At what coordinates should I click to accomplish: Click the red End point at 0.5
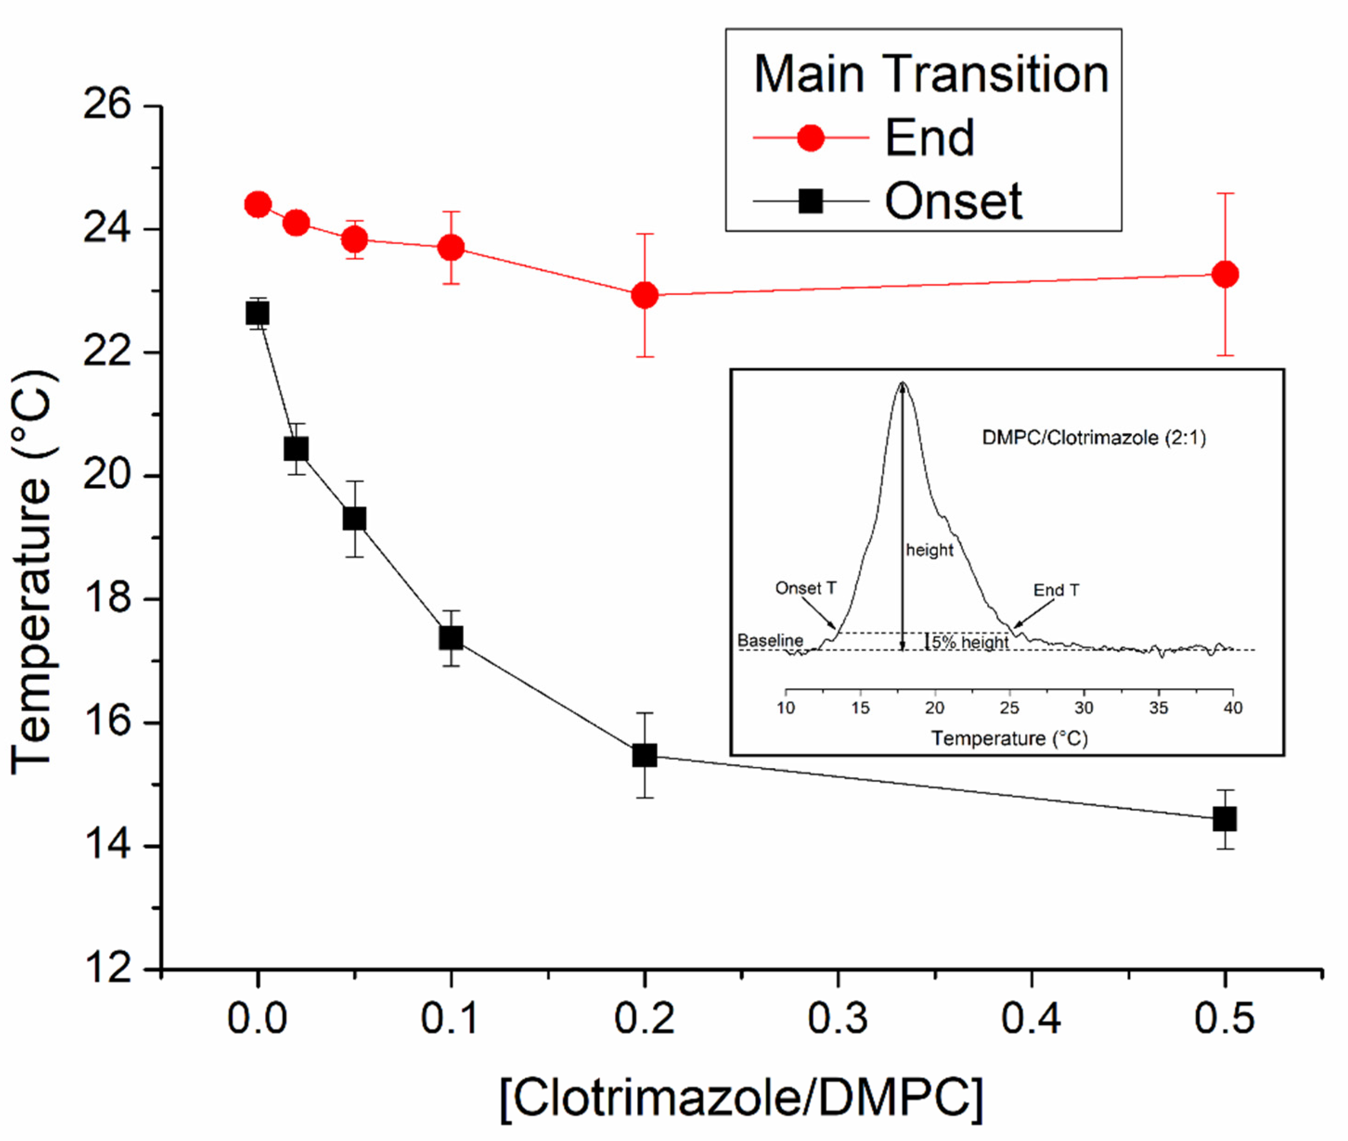(1225, 274)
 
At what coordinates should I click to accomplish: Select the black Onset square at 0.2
(645, 755)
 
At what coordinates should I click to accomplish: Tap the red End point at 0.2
(645, 295)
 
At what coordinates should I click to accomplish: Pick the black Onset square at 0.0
(258, 314)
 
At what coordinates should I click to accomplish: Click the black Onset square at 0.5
(1225, 819)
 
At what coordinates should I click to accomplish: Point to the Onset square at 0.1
(451, 638)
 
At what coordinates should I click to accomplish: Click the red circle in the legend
(810, 138)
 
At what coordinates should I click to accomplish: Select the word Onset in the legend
(953, 202)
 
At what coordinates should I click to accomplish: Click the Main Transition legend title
(930, 74)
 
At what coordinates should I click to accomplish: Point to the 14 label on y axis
(107, 846)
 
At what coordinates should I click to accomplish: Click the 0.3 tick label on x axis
(838, 1018)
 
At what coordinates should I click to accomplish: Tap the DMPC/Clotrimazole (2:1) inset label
(1094, 438)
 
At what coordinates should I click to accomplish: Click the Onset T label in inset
(806, 588)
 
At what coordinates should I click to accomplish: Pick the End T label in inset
(1056, 590)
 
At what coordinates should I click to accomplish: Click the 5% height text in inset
(969, 642)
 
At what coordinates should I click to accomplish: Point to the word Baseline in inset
(770, 641)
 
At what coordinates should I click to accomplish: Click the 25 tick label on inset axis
(1009, 708)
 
